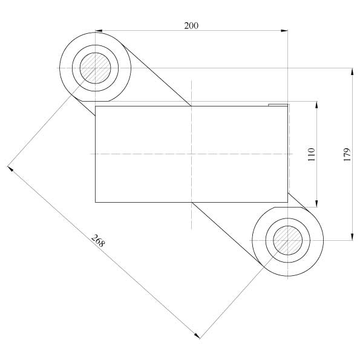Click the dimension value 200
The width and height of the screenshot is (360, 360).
point(191,25)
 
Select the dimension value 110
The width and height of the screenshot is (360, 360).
point(312,154)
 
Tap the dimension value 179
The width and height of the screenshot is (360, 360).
point(347,154)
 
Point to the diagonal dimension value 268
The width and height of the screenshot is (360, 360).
point(98,241)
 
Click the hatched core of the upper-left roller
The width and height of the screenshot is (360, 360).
point(95,68)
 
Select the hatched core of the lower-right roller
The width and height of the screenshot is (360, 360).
point(287,240)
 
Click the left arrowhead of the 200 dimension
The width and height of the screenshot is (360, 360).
point(99,30)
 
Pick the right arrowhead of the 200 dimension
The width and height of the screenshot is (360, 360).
point(284,30)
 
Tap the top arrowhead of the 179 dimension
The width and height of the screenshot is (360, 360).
point(352,72)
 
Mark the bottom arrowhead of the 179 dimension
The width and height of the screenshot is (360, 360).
point(352,237)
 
